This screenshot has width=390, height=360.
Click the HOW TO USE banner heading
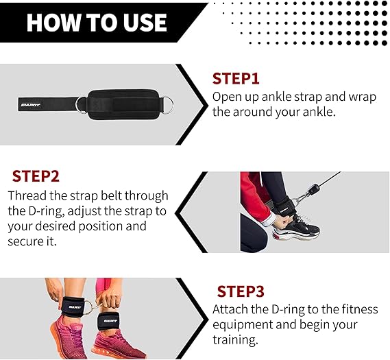(97, 23)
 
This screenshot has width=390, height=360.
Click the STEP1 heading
(236, 79)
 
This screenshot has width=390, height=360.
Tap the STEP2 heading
(36, 176)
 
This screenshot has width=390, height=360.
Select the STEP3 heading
(241, 291)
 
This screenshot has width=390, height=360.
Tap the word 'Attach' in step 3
(230, 309)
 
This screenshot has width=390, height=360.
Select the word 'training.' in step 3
(235, 340)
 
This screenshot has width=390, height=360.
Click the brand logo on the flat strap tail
(30, 105)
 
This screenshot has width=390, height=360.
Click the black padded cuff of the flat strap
(123, 104)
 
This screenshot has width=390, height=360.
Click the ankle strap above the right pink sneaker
(108, 321)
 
